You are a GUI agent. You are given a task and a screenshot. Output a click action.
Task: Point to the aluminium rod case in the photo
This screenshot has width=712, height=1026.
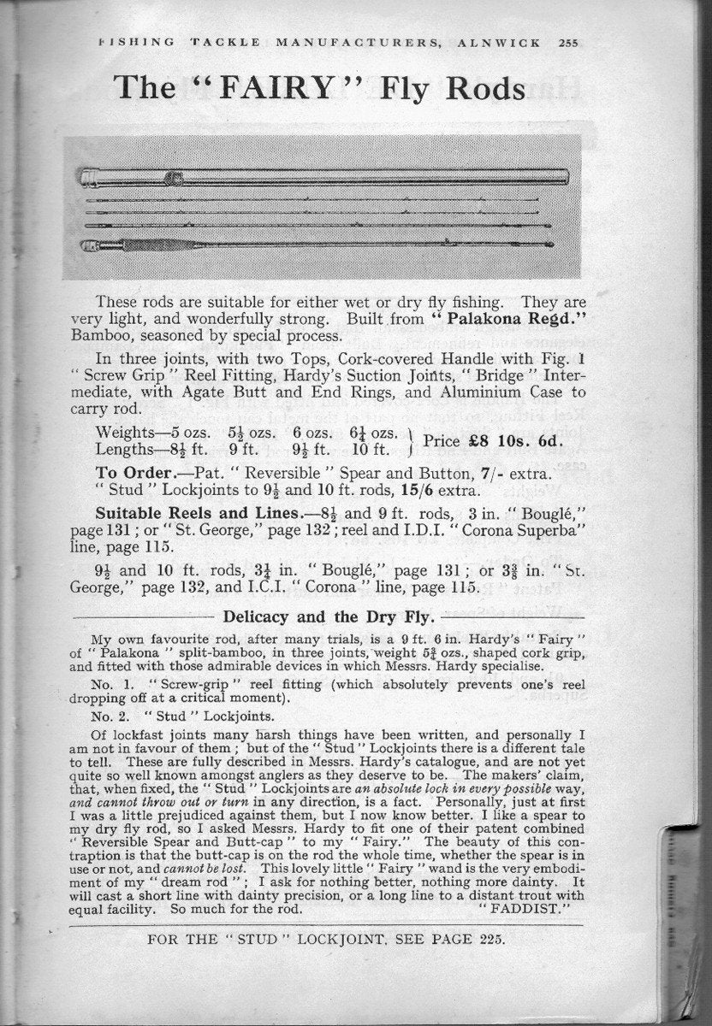click(x=325, y=176)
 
